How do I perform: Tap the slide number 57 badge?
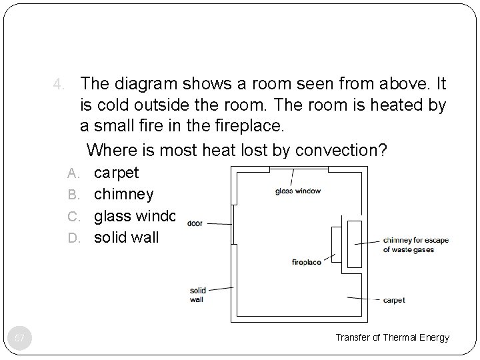point(20,338)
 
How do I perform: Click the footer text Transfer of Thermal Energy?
point(392,337)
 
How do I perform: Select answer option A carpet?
point(116,173)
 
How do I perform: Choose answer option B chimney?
point(123,194)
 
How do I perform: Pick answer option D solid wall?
point(126,237)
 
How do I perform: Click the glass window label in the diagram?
point(298,191)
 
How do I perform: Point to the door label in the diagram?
point(195,224)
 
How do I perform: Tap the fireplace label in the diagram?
point(307,262)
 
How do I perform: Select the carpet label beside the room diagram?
point(394,300)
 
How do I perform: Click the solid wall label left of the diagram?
point(198,295)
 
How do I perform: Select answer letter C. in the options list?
point(75,216)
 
